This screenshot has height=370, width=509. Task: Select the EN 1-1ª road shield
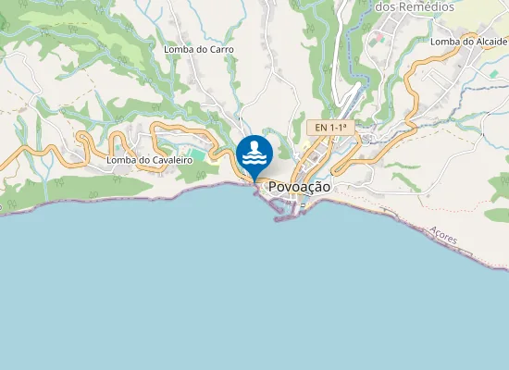330,127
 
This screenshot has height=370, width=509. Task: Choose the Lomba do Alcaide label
469,42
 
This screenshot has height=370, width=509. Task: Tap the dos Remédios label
416,6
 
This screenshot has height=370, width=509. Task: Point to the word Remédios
428,6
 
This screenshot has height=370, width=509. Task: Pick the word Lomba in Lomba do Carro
177,49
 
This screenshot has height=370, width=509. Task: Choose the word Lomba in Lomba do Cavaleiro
121,160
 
